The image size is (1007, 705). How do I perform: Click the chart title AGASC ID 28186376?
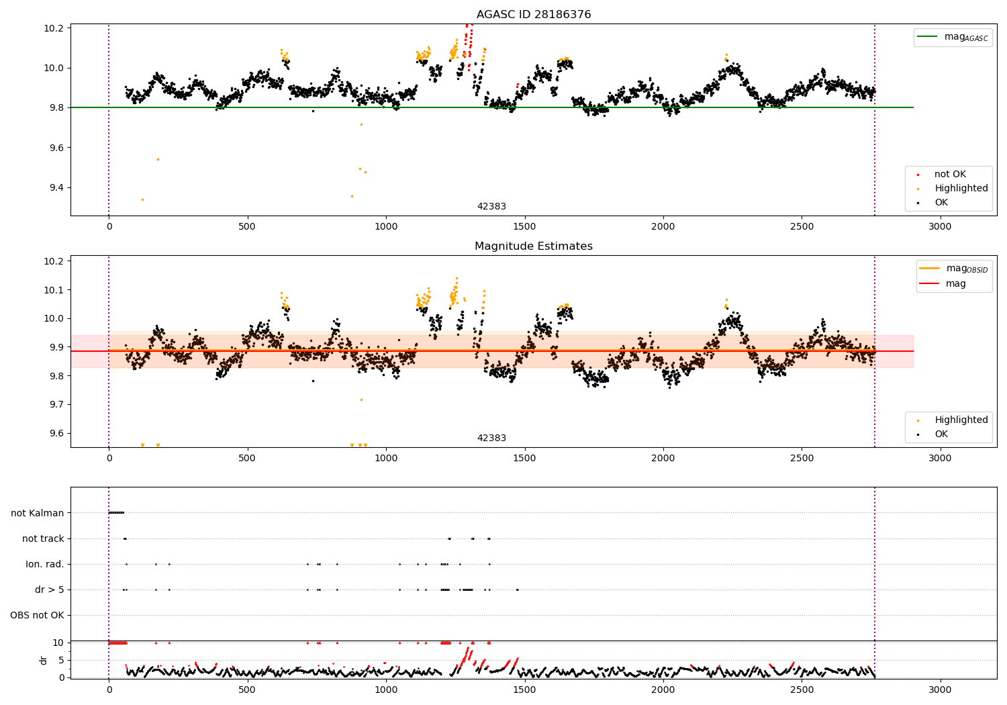click(534, 15)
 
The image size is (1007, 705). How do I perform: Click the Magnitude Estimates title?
click(534, 246)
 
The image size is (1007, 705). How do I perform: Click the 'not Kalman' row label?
click(38, 513)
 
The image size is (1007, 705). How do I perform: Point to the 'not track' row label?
click(43, 538)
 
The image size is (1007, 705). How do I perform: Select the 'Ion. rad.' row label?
click(45, 564)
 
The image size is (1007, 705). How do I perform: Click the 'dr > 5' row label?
click(50, 590)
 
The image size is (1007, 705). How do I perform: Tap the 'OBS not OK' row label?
click(38, 616)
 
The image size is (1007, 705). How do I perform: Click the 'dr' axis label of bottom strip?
click(44, 660)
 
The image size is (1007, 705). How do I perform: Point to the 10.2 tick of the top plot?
click(54, 28)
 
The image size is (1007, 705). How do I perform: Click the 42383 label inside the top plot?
click(491, 207)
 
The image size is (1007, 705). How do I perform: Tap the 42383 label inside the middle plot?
click(491, 438)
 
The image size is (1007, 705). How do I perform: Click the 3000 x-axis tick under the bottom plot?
click(940, 690)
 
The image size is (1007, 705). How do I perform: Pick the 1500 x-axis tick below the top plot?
click(524, 227)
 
